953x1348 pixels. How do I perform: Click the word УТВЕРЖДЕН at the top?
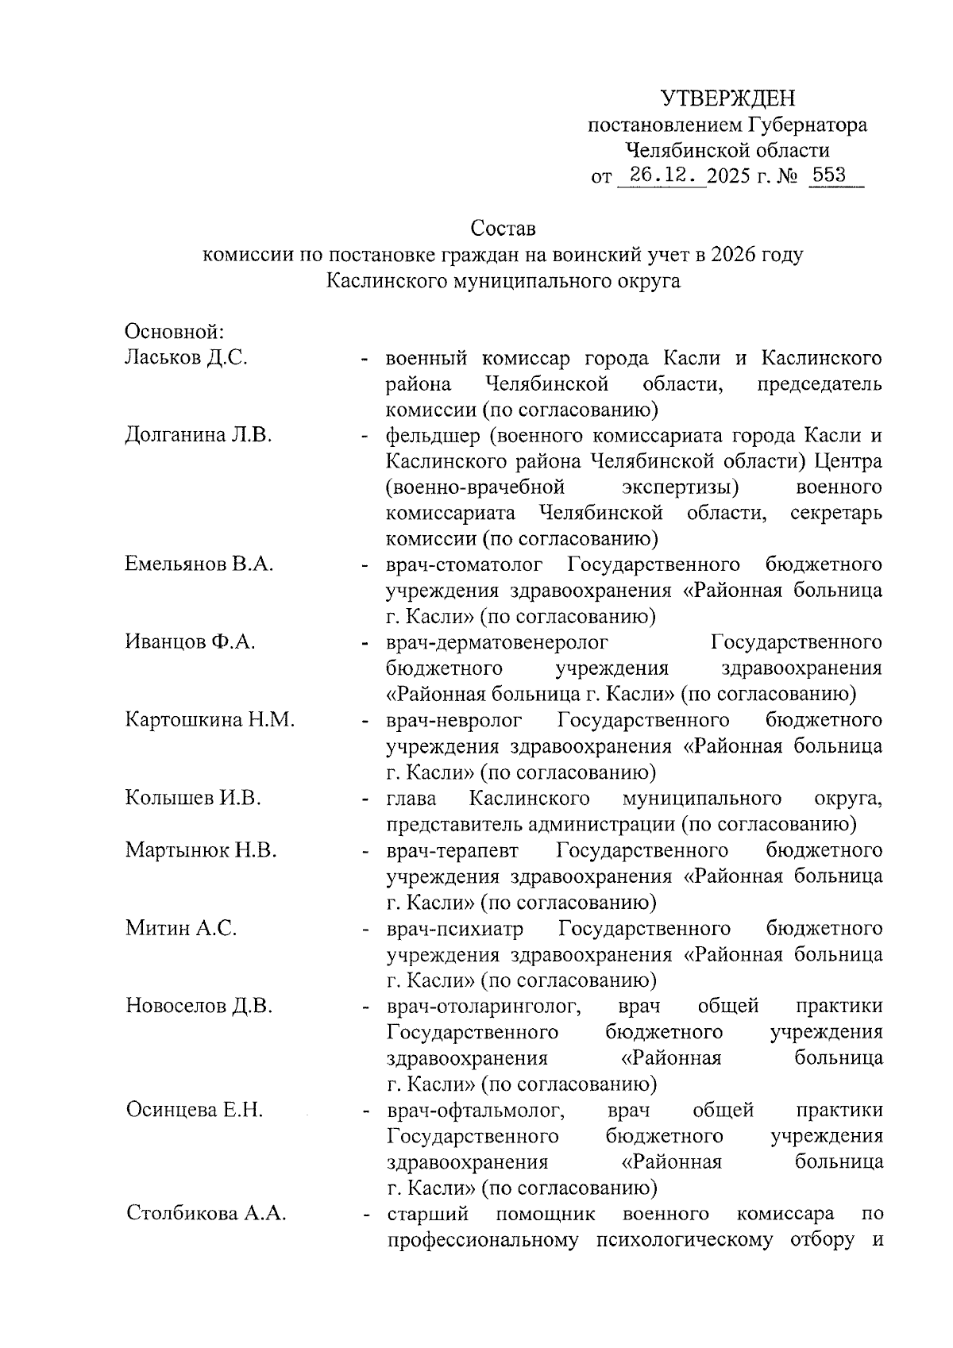(x=727, y=98)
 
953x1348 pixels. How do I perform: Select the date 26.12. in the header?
(x=661, y=175)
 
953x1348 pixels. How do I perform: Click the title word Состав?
(x=504, y=229)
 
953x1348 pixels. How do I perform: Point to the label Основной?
(x=176, y=331)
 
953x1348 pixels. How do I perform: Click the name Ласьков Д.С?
(x=186, y=358)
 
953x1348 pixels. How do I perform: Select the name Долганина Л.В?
(x=199, y=436)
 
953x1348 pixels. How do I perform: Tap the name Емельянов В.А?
(x=199, y=564)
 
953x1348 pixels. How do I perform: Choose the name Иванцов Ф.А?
(x=190, y=642)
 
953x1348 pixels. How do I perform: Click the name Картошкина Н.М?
(x=210, y=720)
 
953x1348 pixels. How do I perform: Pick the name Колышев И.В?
(x=193, y=798)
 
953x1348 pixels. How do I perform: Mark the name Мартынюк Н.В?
(x=200, y=850)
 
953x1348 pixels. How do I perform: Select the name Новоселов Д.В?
(x=199, y=1006)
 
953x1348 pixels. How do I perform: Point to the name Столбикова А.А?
(x=206, y=1214)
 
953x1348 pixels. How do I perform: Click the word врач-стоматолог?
(x=465, y=564)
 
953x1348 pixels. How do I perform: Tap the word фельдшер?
(x=432, y=436)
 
